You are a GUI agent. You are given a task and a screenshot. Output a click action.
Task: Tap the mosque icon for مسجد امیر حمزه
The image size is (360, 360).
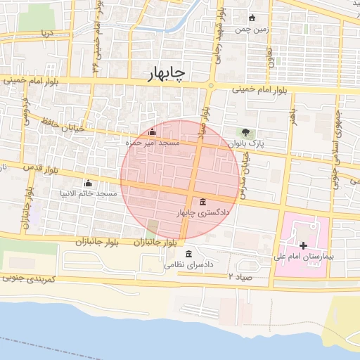tap(153, 131)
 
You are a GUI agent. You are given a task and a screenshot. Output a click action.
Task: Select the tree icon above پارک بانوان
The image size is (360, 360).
tap(245, 131)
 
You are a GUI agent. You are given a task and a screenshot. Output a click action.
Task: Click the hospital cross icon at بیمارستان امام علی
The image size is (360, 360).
tap(303, 245)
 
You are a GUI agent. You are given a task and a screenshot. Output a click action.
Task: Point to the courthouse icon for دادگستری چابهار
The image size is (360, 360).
tap(203, 202)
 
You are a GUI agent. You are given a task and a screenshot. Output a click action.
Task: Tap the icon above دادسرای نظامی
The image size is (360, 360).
tap(188, 254)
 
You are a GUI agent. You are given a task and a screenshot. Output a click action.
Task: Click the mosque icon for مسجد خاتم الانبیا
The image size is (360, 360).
tap(88, 182)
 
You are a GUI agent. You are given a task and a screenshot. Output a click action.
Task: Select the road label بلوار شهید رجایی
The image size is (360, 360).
tap(219, 28)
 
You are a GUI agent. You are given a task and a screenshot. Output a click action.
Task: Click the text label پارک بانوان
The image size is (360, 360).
tap(250, 143)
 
